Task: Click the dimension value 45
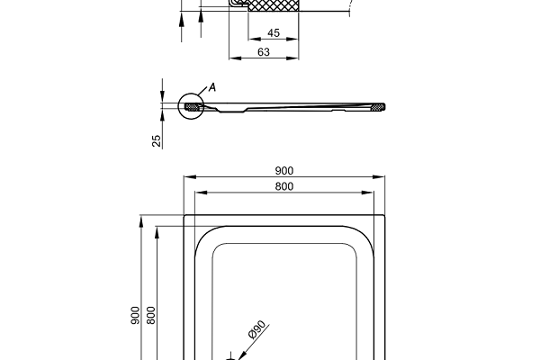point(274,33)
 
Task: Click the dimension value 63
point(265,52)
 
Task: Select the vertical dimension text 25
point(157,140)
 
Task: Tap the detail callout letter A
point(212,87)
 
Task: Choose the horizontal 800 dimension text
point(285,186)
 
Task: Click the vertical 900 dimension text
point(135,315)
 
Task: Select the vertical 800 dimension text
point(151,315)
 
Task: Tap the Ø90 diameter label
point(256,331)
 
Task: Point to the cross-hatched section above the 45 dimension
point(274,6)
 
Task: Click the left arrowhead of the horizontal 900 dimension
point(186,177)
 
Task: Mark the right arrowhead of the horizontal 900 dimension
point(383,177)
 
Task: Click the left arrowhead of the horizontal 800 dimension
point(199,192)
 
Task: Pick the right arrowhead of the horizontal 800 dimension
point(371,192)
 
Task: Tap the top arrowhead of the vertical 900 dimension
point(141,218)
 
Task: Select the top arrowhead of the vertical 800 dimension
point(157,230)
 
